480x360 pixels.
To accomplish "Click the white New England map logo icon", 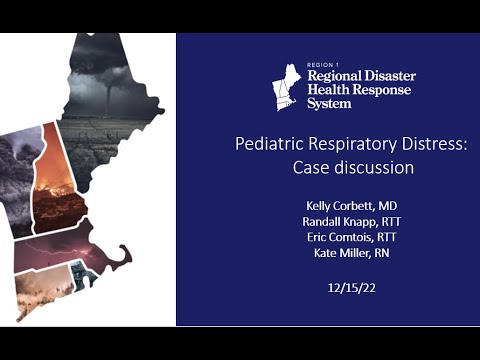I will tap(286, 86).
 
